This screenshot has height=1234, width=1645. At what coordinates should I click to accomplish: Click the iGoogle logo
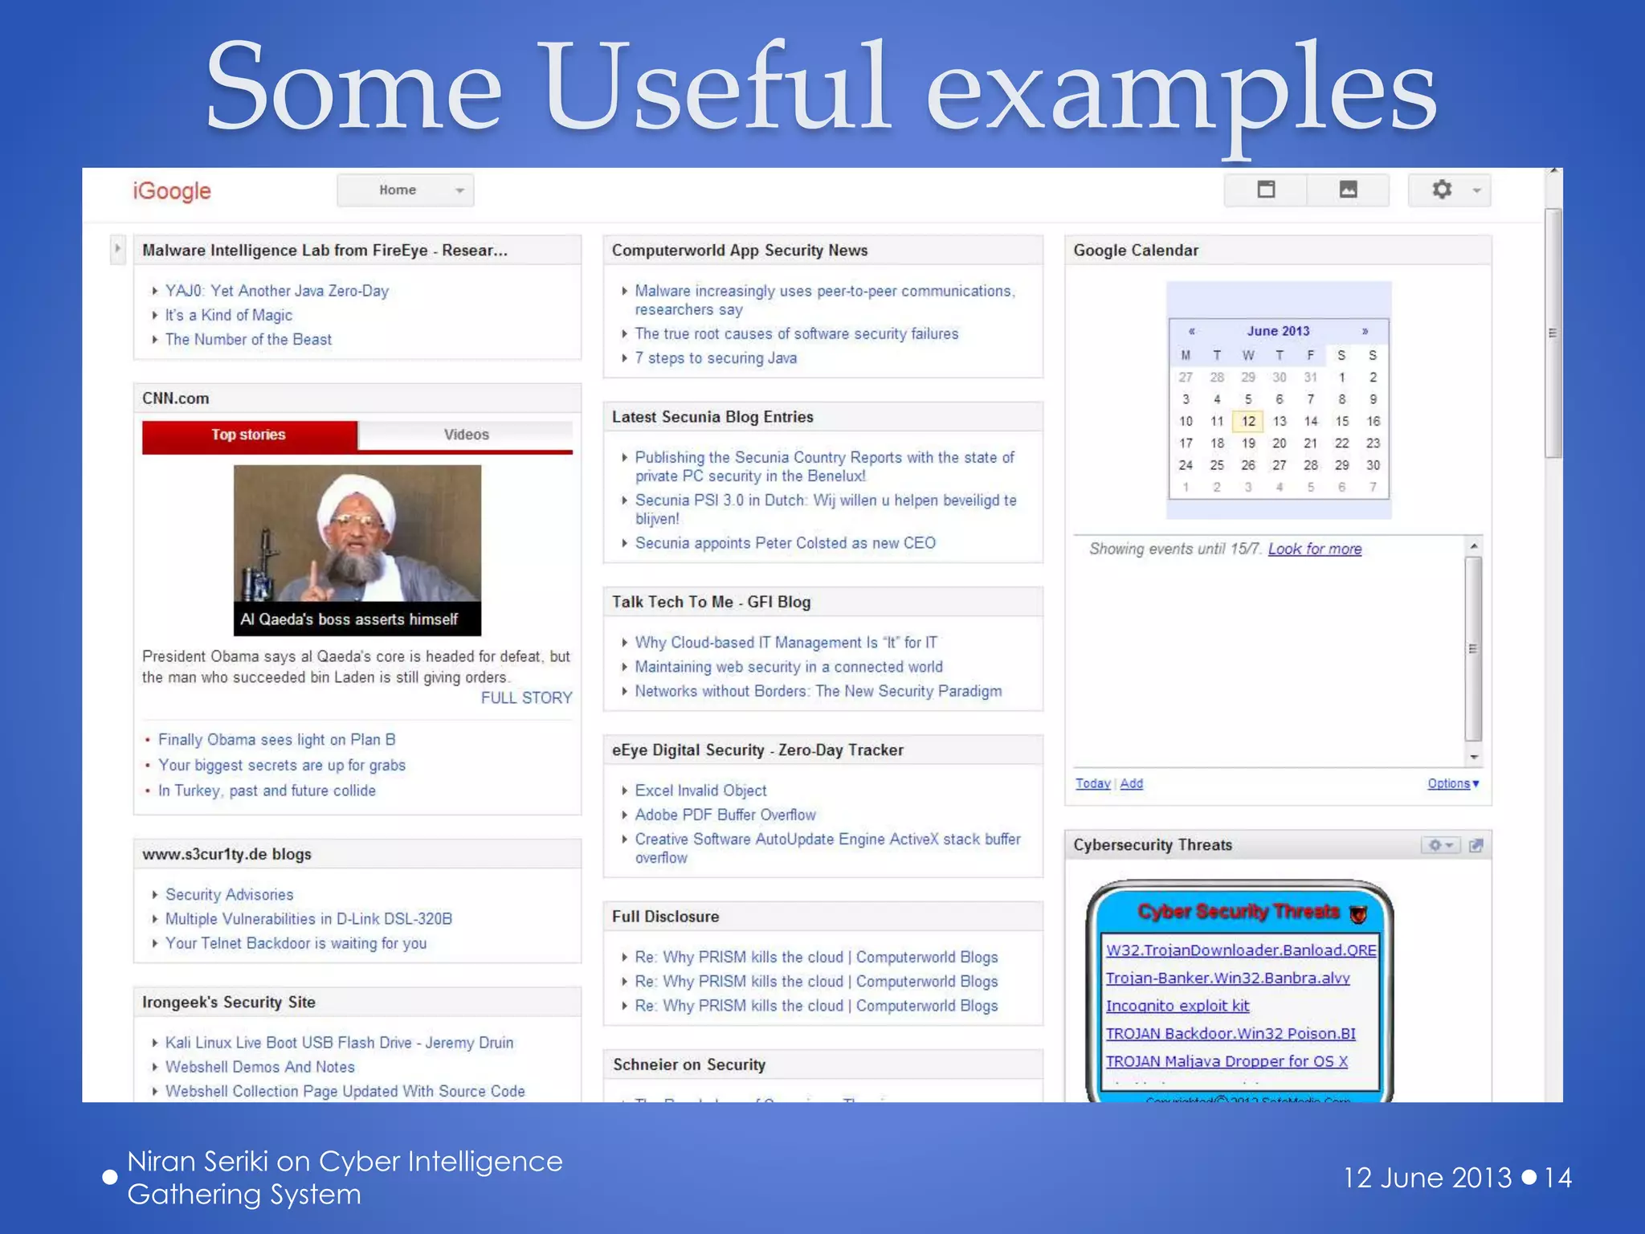click(x=172, y=191)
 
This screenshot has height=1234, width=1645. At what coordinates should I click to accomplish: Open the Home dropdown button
click(x=406, y=190)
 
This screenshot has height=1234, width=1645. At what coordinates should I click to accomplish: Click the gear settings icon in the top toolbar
click(x=1442, y=190)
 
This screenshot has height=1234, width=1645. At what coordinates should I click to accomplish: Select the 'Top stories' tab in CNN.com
click(x=249, y=435)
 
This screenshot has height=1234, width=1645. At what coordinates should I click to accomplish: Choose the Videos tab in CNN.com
click(x=466, y=435)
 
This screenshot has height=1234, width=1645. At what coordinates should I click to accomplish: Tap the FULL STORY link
click(x=526, y=698)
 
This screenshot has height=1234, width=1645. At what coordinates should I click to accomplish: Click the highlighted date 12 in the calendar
click(x=1247, y=421)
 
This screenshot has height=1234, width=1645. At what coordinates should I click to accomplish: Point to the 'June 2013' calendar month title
click(x=1278, y=331)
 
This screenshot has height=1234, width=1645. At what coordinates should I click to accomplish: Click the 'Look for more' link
click(x=1315, y=549)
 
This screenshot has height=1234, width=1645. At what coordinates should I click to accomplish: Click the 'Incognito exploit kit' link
click(x=1178, y=1006)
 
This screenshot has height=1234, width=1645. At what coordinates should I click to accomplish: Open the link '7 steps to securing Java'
click(x=716, y=358)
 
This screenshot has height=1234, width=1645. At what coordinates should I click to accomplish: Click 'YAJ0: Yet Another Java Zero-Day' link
click(x=276, y=291)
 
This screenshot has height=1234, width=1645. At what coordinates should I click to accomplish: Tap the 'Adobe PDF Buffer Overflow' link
click(x=725, y=815)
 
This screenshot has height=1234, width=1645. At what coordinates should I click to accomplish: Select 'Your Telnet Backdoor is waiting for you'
click(x=296, y=943)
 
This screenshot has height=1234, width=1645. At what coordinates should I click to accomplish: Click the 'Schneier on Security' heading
click(x=689, y=1064)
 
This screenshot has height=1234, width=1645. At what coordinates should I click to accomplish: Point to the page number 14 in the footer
click(x=1557, y=1178)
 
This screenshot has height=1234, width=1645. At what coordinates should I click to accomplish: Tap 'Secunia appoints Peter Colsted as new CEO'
click(x=785, y=543)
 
